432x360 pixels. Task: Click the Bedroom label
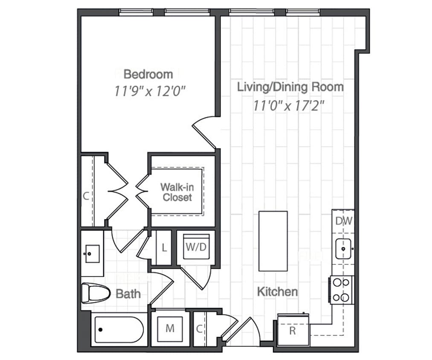click(148, 74)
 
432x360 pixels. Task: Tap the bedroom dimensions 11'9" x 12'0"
click(151, 91)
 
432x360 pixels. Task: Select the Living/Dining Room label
click(290, 87)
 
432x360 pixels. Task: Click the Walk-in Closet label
click(177, 192)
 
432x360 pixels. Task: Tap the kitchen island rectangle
click(273, 241)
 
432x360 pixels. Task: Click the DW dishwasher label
click(343, 221)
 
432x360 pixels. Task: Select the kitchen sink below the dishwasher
click(343, 249)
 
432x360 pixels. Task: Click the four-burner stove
click(342, 290)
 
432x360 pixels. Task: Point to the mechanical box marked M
click(170, 328)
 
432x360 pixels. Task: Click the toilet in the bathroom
click(94, 293)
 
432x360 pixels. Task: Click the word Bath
click(128, 294)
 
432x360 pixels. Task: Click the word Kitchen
click(277, 292)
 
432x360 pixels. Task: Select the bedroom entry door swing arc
click(204, 128)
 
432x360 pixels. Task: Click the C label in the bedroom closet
click(86, 196)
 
